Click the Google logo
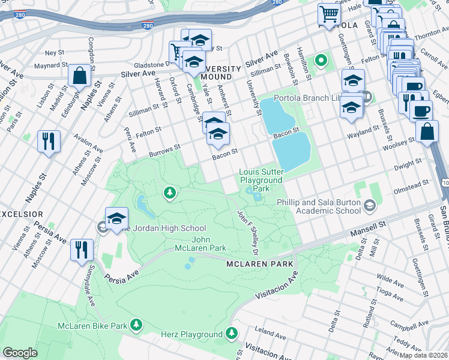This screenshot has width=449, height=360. pyautogui.click(x=20, y=353)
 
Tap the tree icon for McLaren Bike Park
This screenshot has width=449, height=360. pyautogui.click(x=137, y=325)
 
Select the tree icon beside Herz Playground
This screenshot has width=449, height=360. pyautogui.click(x=232, y=333)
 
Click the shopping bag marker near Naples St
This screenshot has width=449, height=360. pyautogui.click(x=79, y=77)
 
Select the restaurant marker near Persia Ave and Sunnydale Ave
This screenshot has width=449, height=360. pyautogui.click(x=82, y=250)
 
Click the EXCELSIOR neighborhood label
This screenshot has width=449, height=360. pyautogui.click(x=21, y=214)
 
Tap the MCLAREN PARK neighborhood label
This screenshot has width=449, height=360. pyautogui.click(x=259, y=264)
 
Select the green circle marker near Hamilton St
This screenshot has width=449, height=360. pyautogui.click(x=321, y=60)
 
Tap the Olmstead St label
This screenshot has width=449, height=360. pyautogui.click(x=409, y=183)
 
